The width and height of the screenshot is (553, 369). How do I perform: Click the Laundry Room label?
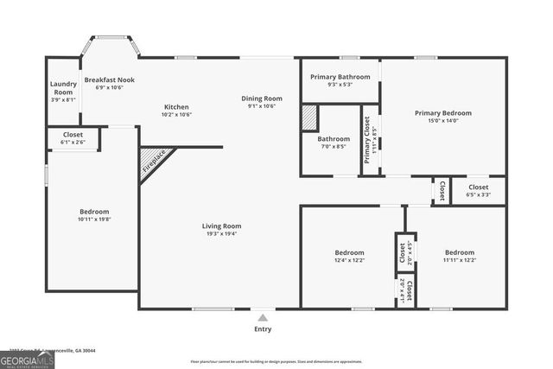(63, 87)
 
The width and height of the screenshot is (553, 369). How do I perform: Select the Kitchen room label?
(176, 106)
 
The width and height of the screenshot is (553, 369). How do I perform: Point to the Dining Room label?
(262, 99)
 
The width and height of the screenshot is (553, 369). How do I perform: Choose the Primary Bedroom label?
(442, 113)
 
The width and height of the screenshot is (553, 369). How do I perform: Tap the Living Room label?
(221, 226)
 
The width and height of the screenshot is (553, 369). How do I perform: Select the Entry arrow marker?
(263, 318)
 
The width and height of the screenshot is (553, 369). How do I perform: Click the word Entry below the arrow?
(263, 329)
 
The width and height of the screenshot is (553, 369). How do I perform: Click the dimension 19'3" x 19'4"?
(221, 233)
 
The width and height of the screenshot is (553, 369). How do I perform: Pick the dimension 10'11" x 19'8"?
(94, 219)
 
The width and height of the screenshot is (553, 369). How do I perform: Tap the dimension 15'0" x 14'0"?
(442, 121)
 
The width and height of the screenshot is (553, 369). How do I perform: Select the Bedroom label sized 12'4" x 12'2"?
(349, 252)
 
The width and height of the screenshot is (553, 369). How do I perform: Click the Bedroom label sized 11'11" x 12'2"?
(459, 252)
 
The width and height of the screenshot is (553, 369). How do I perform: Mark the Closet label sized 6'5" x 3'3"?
(478, 188)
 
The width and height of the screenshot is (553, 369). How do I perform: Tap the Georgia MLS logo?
(27, 358)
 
